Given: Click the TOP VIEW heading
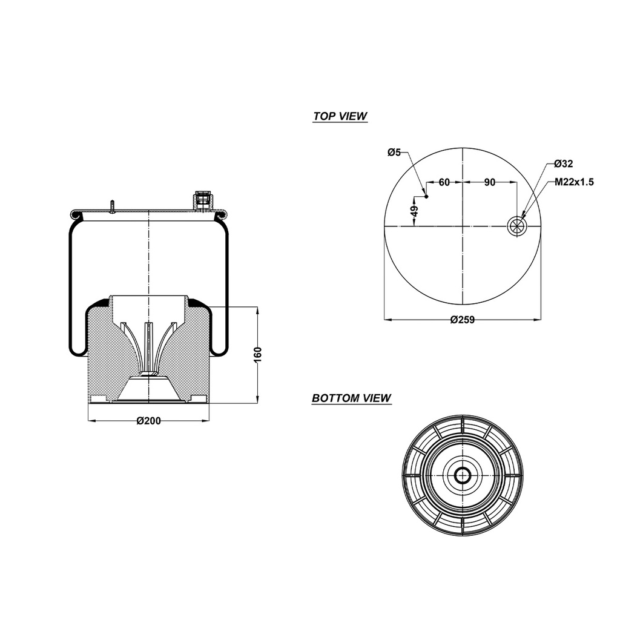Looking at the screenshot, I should pyautogui.click(x=340, y=116).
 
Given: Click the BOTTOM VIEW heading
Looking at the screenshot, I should pyautogui.click(x=351, y=398).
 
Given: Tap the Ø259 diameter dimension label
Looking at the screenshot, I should pyautogui.click(x=462, y=320).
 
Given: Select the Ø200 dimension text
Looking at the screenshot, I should pyautogui.click(x=149, y=421).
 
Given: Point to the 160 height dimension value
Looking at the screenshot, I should pyautogui.click(x=257, y=354).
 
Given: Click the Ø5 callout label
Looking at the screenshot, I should pyautogui.click(x=394, y=152).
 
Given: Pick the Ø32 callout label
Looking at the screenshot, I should pyautogui.click(x=563, y=163).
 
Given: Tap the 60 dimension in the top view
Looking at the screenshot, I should pyautogui.click(x=444, y=182).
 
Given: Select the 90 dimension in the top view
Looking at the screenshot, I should pyautogui.click(x=490, y=182).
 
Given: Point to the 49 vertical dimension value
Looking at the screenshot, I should pyautogui.click(x=414, y=211).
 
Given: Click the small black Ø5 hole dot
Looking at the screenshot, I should pyautogui.click(x=426, y=197).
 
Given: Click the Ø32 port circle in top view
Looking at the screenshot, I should pyautogui.click(x=517, y=226).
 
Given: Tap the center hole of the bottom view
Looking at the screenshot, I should pyautogui.click(x=463, y=475).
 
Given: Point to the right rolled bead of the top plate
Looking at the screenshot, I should pyautogui.click(x=222, y=214).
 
